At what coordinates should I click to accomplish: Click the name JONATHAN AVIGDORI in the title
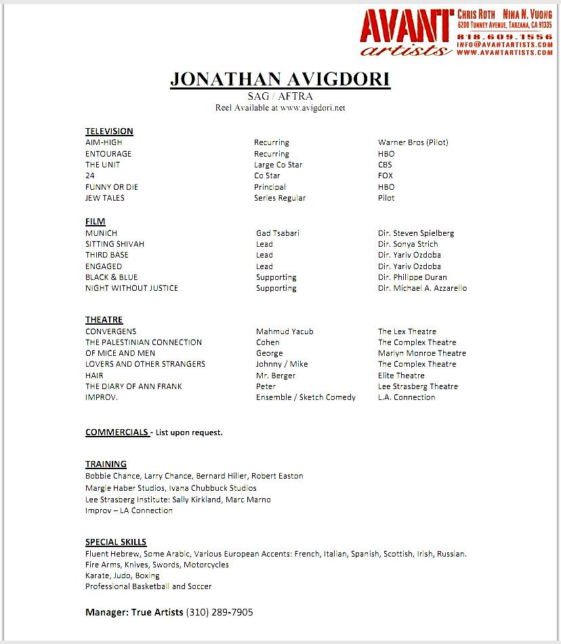(x=280, y=79)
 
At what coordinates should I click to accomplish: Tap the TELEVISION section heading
(x=109, y=131)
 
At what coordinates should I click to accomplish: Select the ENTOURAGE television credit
(x=108, y=154)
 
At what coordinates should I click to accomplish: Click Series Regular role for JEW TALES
(x=280, y=198)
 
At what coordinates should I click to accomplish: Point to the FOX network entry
(x=386, y=176)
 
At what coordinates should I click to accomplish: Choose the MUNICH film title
(x=101, y=233)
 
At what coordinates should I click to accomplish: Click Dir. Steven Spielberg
(x=416, y=233)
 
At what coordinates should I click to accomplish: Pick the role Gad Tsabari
(x=277, y=233)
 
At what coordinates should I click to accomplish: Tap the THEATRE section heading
(x=104, y=320)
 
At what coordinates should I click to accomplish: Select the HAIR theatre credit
(x=94, y=376)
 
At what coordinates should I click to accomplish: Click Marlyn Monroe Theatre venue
(x=421, y=353)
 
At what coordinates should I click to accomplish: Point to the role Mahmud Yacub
(x=285, y=331)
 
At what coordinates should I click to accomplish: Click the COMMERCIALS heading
(x=117, y=432)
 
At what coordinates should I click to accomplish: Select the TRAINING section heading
(x=106, y=464)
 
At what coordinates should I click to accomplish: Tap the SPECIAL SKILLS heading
(x=116, y=542)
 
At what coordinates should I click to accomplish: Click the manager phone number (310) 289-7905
(x=220, y=612)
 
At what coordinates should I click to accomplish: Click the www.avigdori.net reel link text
(x=312, y=108)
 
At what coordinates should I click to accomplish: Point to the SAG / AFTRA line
(x=280, y=96)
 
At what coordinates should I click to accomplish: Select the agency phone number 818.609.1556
(x=504, y=36)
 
